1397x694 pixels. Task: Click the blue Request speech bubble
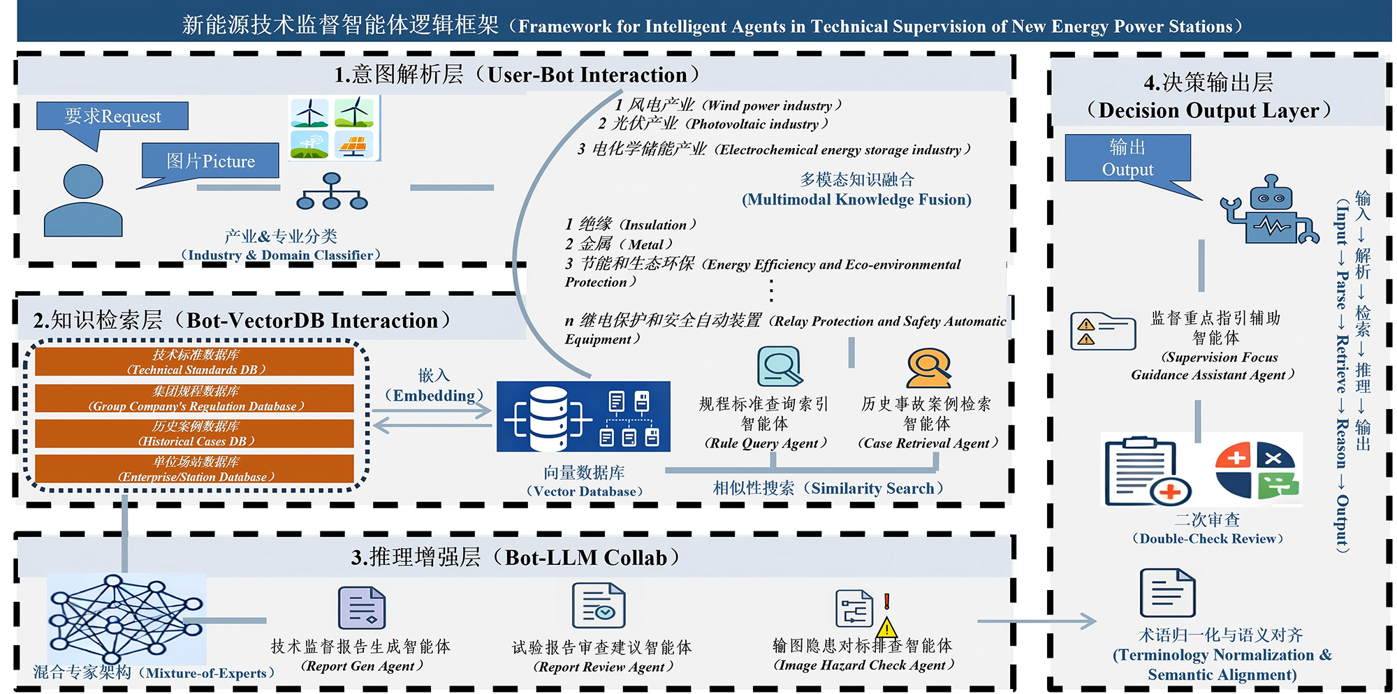click(112, 116)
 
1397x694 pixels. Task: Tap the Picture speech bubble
click(210, 161)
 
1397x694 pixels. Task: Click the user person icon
click(83, 201)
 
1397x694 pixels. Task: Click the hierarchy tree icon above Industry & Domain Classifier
click(332, 192)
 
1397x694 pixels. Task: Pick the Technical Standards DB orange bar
click(195, 362)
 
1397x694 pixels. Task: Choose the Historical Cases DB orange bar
click(195, 434)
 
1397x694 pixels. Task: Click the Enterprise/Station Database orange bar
click(195, 469)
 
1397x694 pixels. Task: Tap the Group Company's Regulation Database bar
click(195, 398)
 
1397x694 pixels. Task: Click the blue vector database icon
click(583, 416)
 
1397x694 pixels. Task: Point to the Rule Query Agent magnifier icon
click(780, 366)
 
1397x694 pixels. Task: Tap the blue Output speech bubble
click(1127, 158)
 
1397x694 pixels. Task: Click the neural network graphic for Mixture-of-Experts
click(126, 618)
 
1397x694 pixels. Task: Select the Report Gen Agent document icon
click(361, 608)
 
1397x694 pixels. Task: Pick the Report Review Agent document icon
click(598, 606)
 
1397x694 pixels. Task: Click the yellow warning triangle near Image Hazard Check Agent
click(886, 627)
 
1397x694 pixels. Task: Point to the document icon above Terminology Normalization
click(1167, 593)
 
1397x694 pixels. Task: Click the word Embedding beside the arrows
click(434, 396)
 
